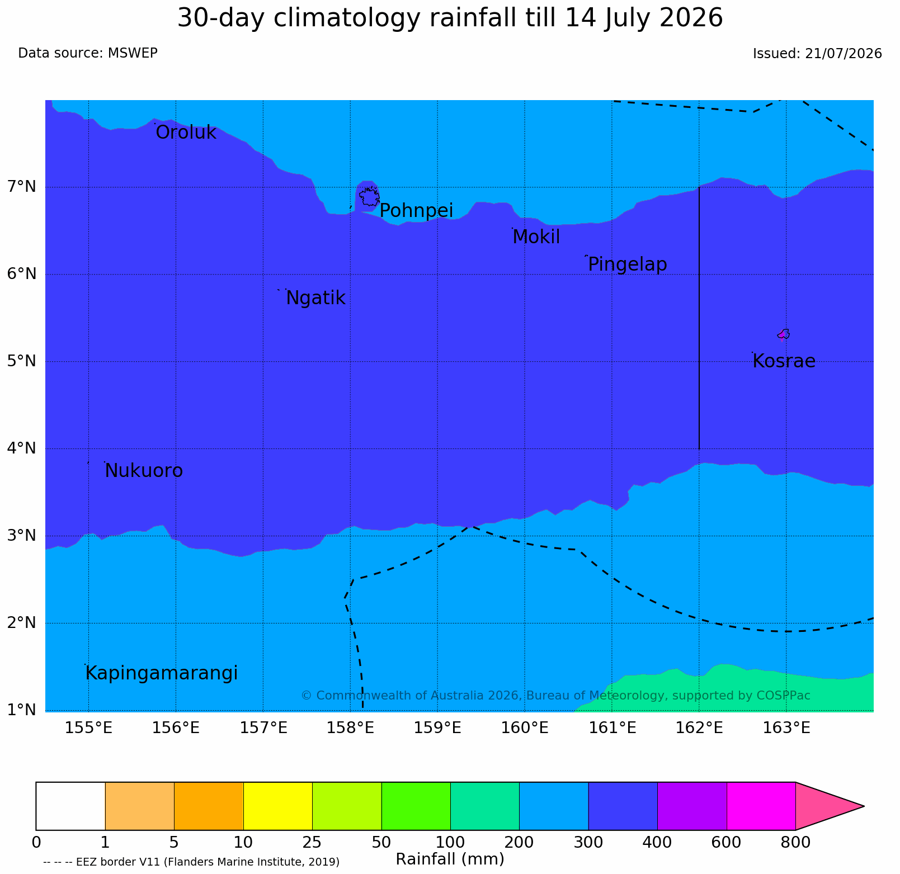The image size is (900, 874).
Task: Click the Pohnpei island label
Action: [416, 211]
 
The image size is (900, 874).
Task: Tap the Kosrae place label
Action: [784, 361]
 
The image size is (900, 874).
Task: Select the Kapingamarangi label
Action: [161, 673]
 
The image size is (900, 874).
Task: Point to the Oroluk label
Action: [186, 133]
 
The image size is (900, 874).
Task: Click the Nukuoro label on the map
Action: [144, 471]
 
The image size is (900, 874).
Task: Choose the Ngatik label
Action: [315, 298]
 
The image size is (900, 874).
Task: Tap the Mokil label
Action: [536, 237]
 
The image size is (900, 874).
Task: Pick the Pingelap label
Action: [627, 264]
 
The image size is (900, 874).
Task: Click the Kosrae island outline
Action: [784, 334]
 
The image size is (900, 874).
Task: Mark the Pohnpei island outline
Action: [369, 197]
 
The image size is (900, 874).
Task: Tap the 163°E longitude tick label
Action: [786, 728]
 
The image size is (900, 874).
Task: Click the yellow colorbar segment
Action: [278, 806]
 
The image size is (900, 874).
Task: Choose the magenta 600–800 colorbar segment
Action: [761, 806]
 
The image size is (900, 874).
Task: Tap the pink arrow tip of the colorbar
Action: [864, 806]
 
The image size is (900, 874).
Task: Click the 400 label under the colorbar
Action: [657, 842]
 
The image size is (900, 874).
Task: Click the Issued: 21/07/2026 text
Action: [817, 54]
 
